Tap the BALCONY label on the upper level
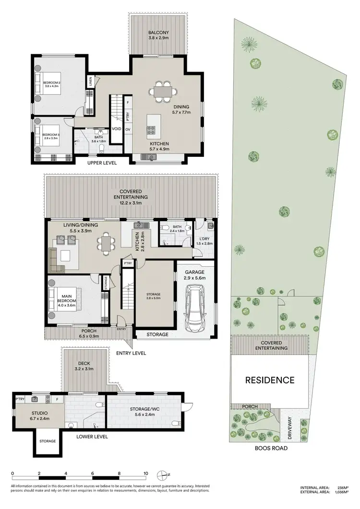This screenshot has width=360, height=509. pos(157,33)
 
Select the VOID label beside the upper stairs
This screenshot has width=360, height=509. pos(117,129)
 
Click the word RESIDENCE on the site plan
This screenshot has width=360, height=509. pos(270,380)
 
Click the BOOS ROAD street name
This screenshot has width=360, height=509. pos(271,448)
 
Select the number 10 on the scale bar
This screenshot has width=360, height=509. pos(145,473)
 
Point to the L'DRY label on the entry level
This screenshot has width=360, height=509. pos(205,239)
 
